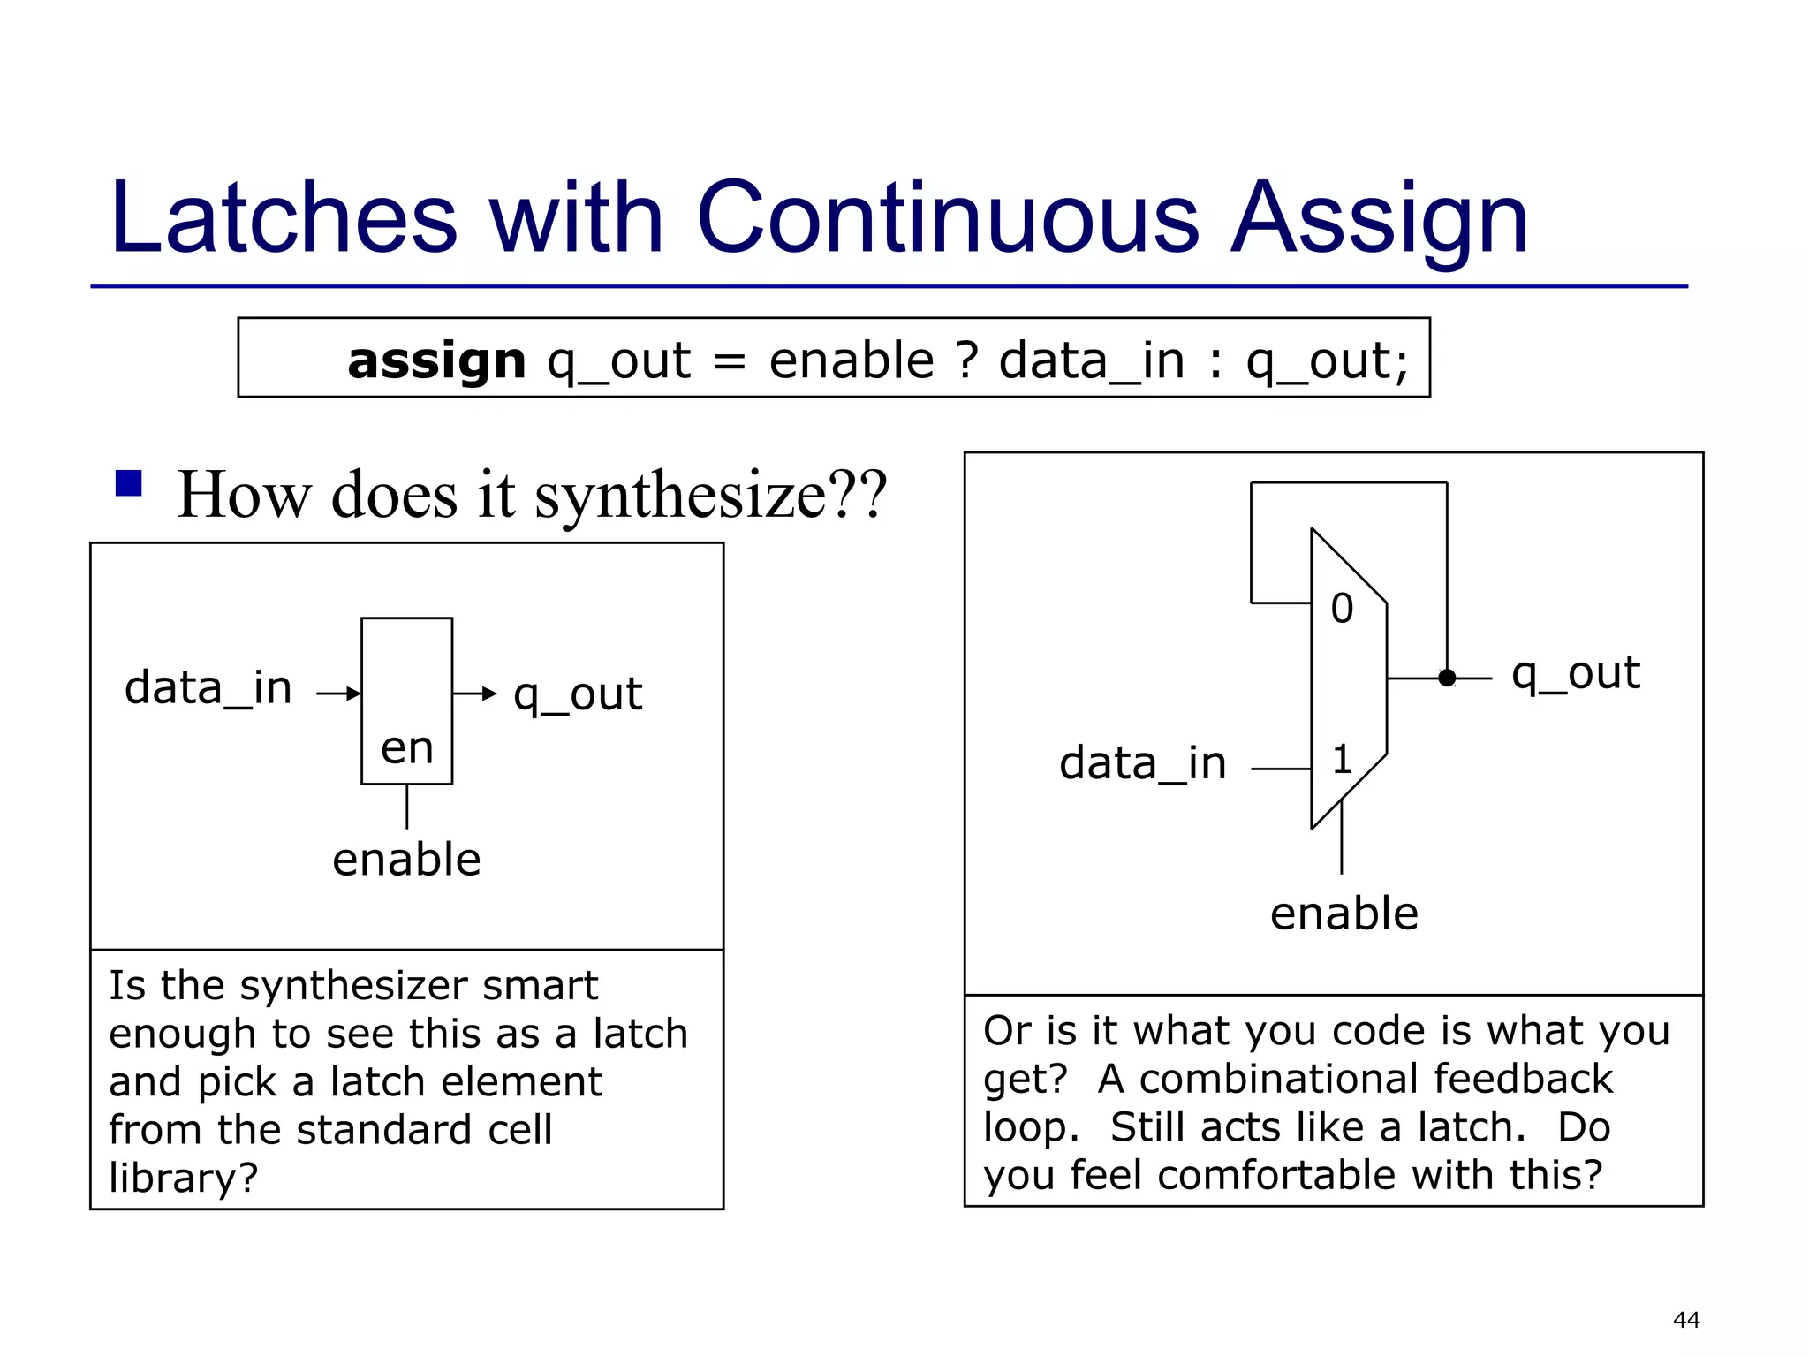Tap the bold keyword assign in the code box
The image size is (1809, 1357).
pos(436,360)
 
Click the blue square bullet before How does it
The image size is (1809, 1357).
pos(129,483)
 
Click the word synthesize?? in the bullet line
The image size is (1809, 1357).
pos(710,495)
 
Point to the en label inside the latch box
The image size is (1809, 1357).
pos(406,748)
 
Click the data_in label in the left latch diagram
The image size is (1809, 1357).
pos(208,688)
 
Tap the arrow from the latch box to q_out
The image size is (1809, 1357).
pos(474,694)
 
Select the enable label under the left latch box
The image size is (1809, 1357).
pos(406,859)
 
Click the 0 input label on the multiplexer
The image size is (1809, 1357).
pos(1342,609)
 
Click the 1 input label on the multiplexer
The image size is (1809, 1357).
pos(1342,760)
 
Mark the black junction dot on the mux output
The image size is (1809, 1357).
pos(1446,678)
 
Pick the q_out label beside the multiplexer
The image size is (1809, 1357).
pos(1575,673)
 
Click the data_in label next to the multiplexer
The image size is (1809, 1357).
pos(1142,763)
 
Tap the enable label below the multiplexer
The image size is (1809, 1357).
pos(1344,914)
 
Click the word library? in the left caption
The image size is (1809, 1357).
pos(183,1178)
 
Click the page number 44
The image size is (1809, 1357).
pos(1685,1320)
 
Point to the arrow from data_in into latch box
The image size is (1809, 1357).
pos(339,694)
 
